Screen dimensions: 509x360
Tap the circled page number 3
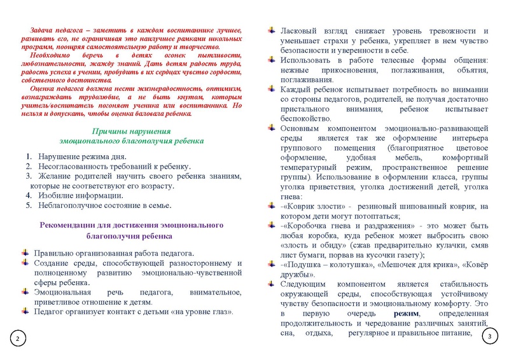490,336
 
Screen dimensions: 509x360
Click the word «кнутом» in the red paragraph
190,96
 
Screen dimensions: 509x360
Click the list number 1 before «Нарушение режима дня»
29,156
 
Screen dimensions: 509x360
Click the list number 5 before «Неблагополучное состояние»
29,206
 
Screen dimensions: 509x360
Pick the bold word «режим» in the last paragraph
406,314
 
